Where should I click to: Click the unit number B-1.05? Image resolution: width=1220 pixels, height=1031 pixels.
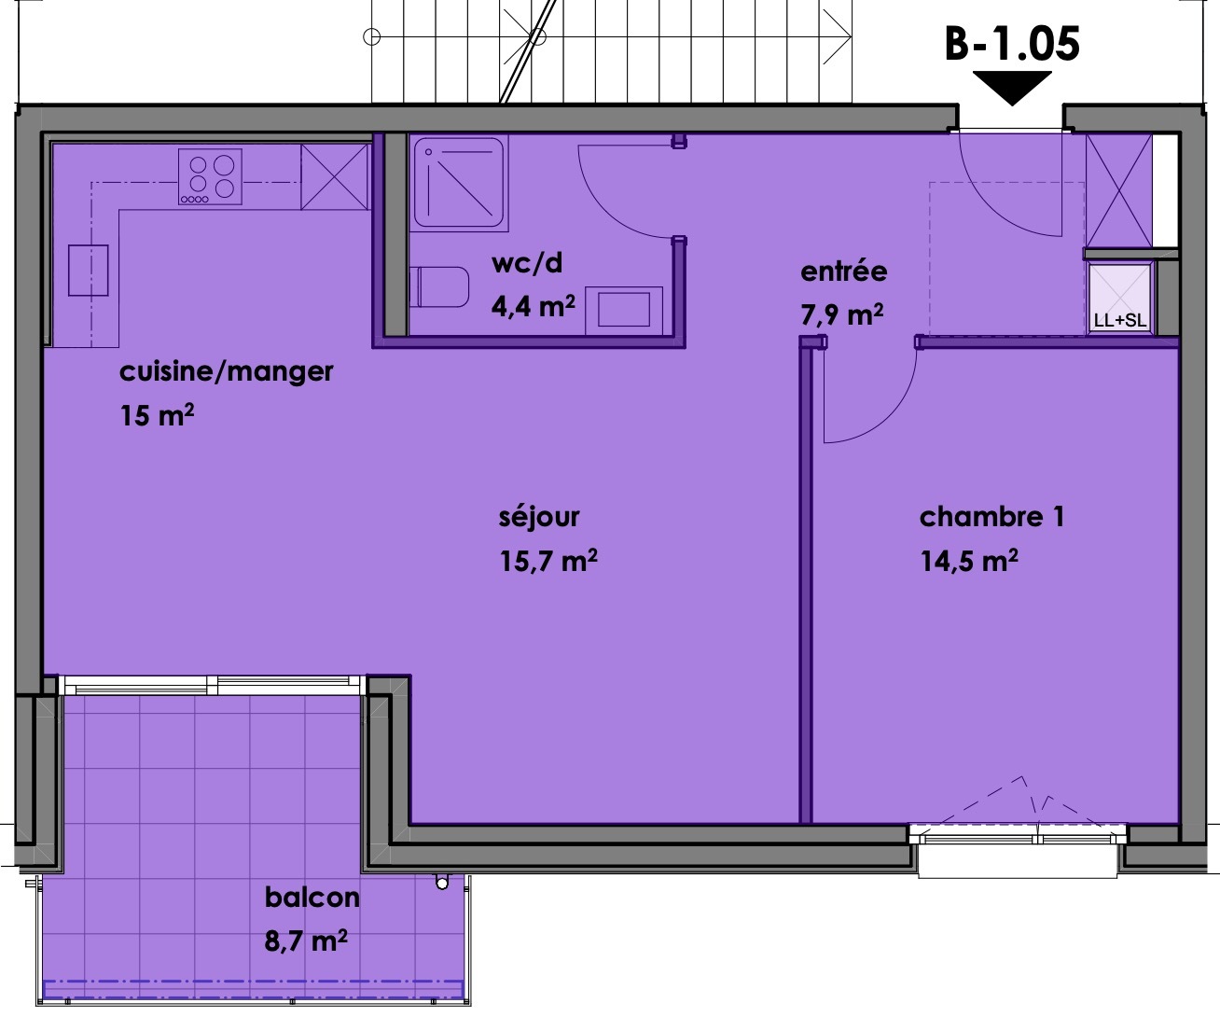1012,44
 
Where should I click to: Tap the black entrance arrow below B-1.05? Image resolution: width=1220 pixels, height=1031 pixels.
1012,88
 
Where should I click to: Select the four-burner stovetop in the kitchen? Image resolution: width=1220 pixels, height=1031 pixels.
210,176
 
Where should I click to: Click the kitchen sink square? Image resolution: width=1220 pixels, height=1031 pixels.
89,271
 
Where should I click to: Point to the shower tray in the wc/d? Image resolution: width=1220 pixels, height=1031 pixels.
460,184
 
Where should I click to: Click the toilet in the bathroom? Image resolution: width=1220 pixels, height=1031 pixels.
440,286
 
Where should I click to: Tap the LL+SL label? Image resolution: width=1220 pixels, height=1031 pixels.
1119,320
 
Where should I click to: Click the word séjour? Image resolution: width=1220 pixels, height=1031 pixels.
539,517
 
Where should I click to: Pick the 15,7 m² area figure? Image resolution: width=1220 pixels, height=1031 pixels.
548,561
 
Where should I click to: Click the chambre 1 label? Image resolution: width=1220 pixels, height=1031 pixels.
991,517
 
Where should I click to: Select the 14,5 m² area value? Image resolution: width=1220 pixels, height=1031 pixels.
969,561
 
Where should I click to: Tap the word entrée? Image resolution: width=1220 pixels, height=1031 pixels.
843,272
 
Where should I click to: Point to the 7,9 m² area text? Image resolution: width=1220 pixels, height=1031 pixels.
841,314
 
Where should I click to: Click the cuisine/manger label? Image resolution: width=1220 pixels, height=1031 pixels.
226,371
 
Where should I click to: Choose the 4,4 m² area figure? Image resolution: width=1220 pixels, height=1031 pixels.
533,305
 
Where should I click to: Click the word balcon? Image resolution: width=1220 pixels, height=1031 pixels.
312,898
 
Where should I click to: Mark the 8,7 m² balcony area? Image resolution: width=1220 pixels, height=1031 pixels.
306,940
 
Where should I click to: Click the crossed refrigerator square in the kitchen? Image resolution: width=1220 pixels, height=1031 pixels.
335,176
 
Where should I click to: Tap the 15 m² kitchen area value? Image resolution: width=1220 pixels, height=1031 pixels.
157,415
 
